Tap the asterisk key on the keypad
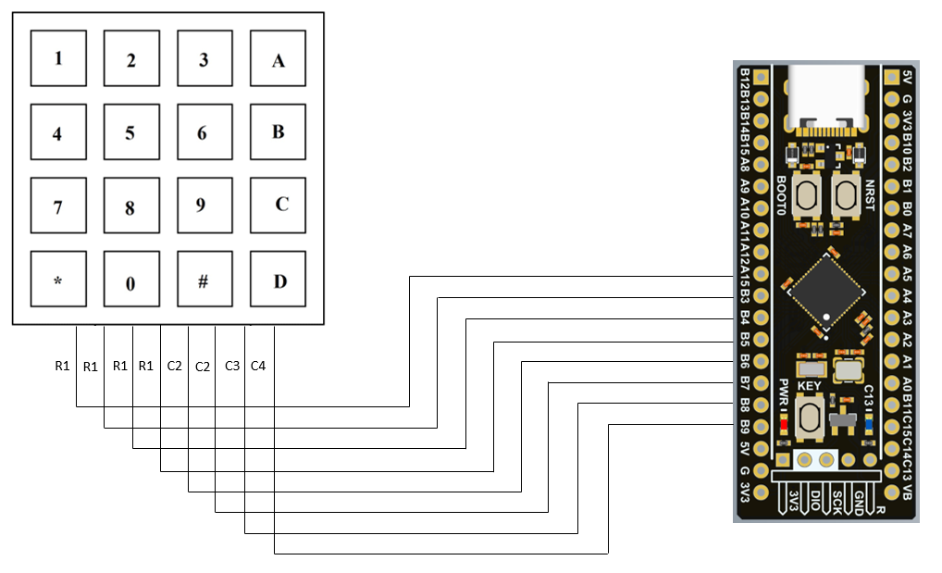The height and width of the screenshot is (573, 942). click(x=58, y=279)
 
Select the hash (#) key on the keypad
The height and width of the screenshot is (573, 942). click(x=205, y=279)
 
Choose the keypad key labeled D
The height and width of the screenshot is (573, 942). click(x=278, y=279)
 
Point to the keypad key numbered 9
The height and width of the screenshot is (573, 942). click(x=205, y=206)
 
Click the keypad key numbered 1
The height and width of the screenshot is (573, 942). click(x=58, y=57)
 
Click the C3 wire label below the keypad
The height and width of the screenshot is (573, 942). click(x=232, y=367)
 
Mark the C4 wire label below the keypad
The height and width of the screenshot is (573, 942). click(x=258, y=367)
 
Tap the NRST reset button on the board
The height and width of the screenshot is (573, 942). click(x=845, y=195)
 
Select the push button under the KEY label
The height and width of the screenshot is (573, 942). click(x=812, y=416)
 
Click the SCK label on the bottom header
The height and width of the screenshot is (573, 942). click(x=837, y=501)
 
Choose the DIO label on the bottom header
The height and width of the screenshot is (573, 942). click(x=815, y=501)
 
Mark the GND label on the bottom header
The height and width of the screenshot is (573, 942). click(x=858, y=501)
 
